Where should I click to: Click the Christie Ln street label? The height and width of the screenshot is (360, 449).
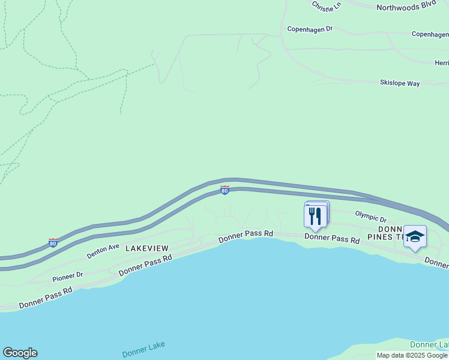[x=326, y=5]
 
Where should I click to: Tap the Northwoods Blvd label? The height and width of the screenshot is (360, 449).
[x=405, y=7]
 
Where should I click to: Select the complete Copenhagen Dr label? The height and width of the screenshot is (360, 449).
[x=310, y=28]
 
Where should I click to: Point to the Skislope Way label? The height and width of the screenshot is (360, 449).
[x=400, y=83]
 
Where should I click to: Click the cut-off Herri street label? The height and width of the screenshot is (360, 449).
[x=441, y=62]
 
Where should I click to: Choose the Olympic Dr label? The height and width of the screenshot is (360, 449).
[x=370, y=216]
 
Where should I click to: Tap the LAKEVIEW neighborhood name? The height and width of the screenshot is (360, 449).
[x=146, y=248]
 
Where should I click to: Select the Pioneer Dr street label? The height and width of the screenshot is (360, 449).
[x=67, y=277]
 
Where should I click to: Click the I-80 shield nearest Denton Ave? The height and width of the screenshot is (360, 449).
[x=53, y=243]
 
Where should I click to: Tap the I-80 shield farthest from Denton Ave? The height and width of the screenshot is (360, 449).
[x=224, y=190]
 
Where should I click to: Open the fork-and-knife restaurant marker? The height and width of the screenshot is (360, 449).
[x=316, y=217]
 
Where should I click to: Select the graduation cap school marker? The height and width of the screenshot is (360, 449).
[x=415, y=236]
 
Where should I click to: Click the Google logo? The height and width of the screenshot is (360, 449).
[x=20, y=353]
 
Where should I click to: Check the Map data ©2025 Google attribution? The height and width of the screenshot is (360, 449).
[x=412, y=355]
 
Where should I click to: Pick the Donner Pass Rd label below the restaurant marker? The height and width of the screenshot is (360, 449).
[x=331, y=238]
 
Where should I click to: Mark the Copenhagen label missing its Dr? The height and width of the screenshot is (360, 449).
[x=430, y=34]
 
